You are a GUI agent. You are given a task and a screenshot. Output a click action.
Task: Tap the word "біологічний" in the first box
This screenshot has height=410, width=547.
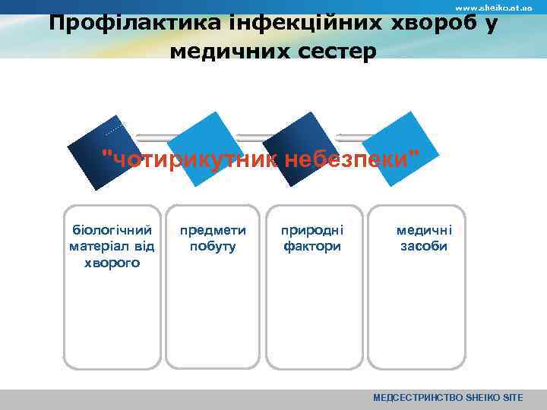click(112, 229)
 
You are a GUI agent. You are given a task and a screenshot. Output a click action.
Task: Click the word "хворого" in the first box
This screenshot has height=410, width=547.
click(112, 263)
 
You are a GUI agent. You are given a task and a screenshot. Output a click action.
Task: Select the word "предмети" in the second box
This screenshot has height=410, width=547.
click(213, 229)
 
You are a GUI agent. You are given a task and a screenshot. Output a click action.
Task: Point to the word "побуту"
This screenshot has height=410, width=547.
click(213, 246)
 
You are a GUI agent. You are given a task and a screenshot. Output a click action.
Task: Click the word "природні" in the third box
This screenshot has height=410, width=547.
click(312, 229)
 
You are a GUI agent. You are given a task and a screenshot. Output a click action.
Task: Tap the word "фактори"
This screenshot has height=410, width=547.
click(312, 246)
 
